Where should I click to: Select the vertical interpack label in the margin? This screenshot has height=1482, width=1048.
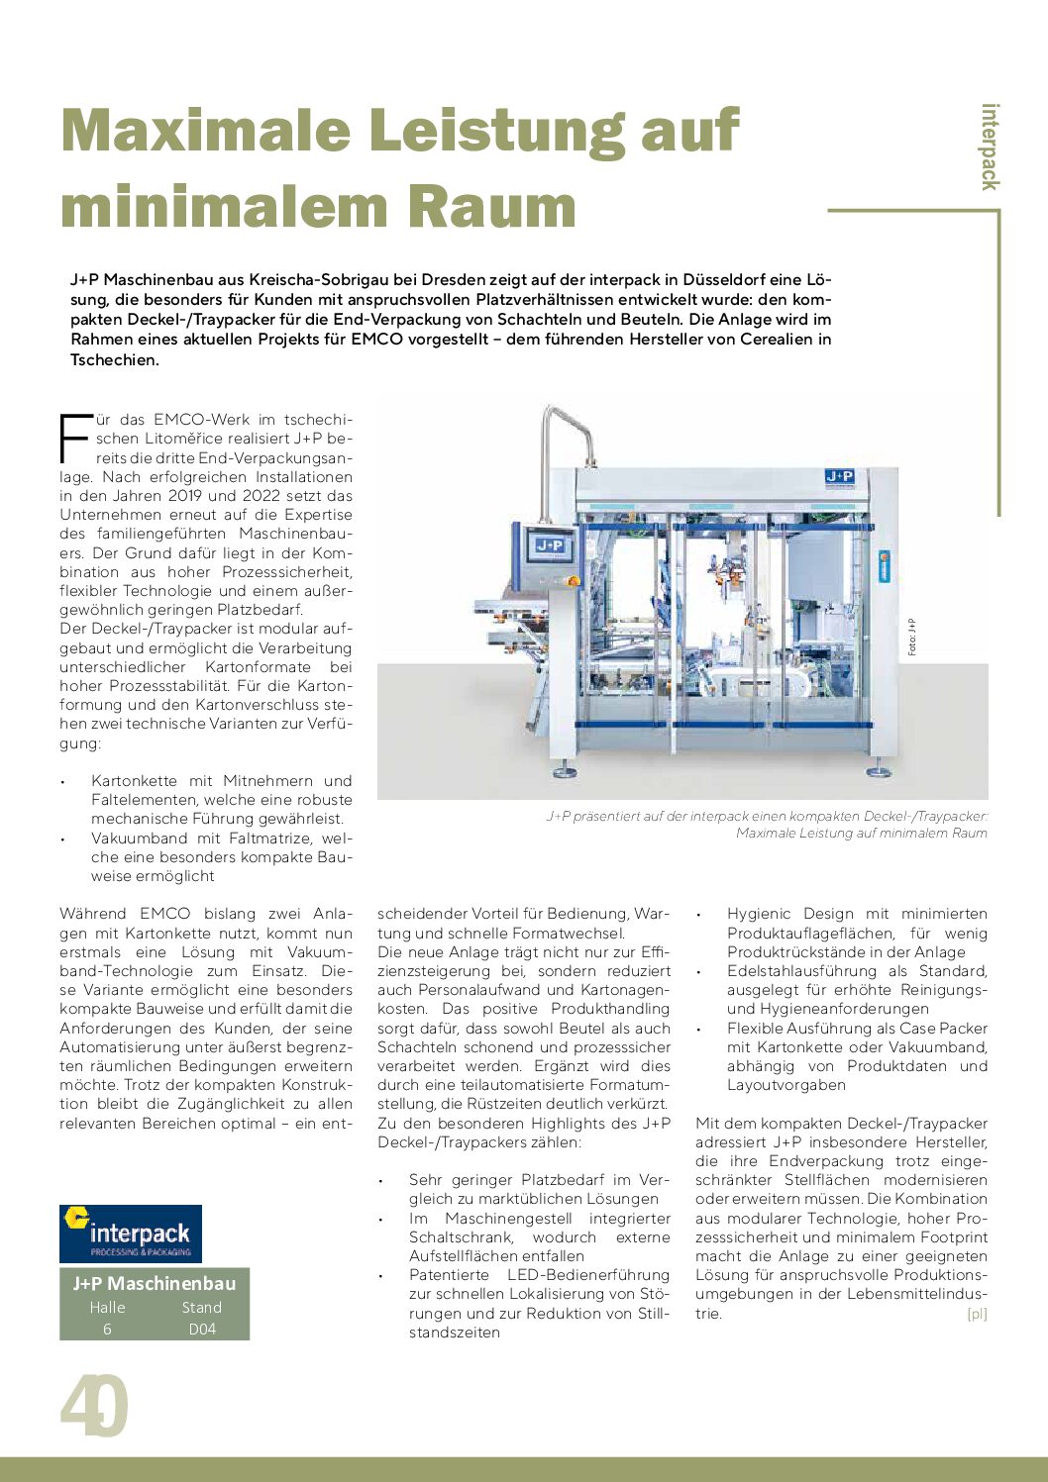coord(989,147)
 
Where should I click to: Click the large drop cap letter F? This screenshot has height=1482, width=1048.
coord(73,440)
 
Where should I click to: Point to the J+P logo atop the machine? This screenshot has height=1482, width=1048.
coord(839,477)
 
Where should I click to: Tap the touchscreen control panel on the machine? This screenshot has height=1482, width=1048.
coord(550,545)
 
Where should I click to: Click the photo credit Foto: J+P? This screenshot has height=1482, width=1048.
coord(911,637)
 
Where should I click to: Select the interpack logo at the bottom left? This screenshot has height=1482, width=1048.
coord(131,1234)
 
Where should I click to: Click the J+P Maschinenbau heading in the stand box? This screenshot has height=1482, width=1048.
coord(155,1283)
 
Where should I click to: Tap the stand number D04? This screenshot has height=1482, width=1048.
coord(202,1330)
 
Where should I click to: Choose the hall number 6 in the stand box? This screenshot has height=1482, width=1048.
coord(107,1330)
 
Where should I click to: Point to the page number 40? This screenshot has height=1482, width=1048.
coord(94,1406)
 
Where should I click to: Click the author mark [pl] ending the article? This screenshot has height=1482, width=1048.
coord(977,1314)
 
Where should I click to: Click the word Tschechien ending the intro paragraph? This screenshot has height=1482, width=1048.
coord(115,360)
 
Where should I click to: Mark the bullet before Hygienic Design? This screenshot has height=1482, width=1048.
coord(701,915)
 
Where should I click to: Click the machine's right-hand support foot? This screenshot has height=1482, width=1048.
coord(877,769)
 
